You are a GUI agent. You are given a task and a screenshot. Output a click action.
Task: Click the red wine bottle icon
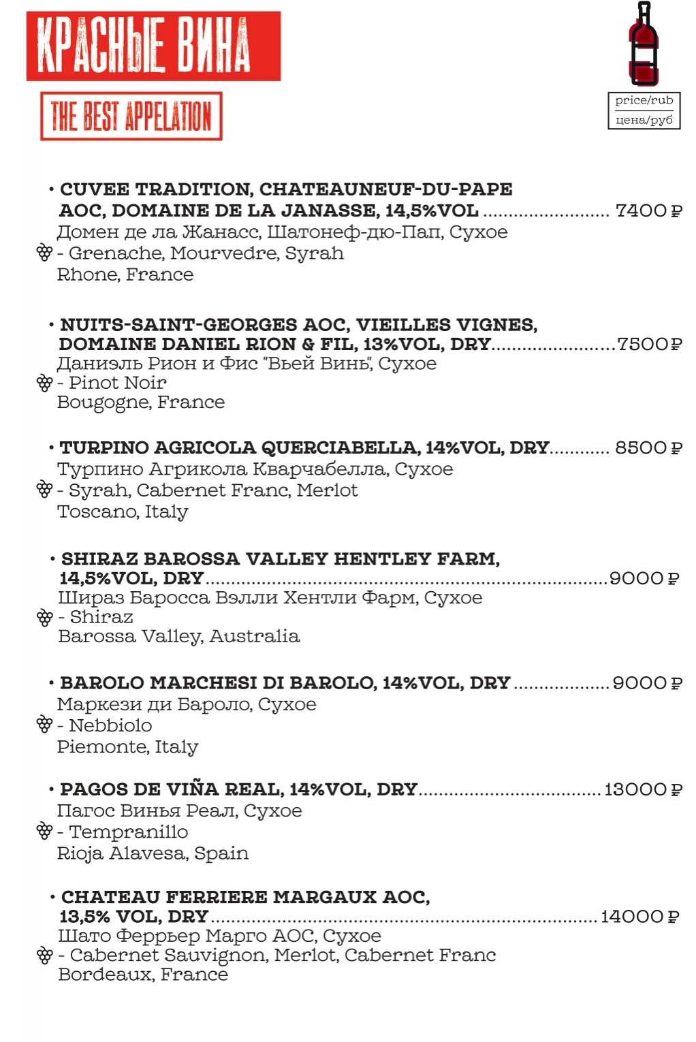tap(644, 44)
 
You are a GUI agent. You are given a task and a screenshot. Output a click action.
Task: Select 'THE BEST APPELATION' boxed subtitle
tap(131, 116)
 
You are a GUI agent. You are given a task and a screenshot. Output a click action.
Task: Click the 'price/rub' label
tap(644, 101)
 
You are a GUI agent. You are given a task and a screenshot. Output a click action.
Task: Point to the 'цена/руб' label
tap(644, 120)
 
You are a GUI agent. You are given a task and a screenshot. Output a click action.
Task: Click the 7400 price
tap(648, 210)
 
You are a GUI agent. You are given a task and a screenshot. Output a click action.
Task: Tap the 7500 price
tap(649, 344)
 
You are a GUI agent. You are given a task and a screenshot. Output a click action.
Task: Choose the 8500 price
tap(648, 448)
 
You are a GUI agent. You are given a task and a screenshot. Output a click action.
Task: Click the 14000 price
tap(639, 917)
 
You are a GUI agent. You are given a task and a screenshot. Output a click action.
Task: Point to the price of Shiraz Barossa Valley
tap(644, 578)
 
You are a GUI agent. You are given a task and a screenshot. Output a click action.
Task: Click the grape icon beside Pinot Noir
tap(44, 383)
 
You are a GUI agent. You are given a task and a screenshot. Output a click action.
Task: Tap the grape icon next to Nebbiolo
tap(44, 725)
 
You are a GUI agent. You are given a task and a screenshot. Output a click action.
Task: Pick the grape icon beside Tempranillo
tap(44, 831)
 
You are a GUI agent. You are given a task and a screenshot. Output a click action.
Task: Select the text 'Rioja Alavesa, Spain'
tap(153, 853)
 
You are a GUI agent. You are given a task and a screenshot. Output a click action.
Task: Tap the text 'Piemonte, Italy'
tap(127, 746)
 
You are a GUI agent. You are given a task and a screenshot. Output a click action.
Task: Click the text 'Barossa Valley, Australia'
tap(178, 636)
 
